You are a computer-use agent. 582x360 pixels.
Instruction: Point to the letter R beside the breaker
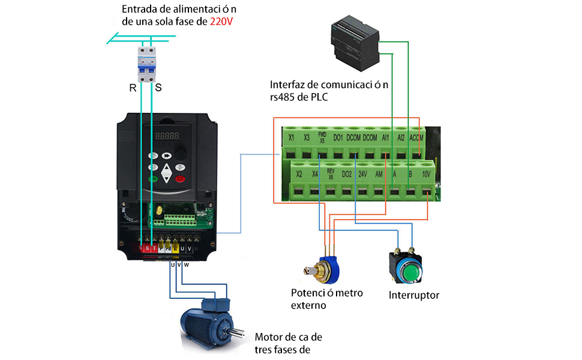pos(133,88)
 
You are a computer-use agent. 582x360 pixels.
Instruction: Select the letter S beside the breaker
pos(158,88)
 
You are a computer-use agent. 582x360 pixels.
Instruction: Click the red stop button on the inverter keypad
pos(179,178)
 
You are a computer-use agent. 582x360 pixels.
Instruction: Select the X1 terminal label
pos(291,137)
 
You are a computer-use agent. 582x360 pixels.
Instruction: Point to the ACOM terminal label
pos(416,137)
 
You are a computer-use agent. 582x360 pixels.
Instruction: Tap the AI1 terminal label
pos(386,137)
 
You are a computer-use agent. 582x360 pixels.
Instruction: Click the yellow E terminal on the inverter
pos(176,248)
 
